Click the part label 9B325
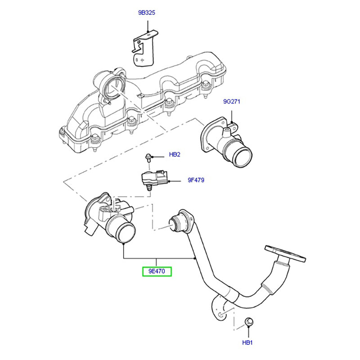click(147, 13)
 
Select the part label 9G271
click(232, 102)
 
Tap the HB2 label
click(175, 155)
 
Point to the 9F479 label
click(196, 180)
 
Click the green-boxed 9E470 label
click(157, 272)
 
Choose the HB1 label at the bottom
click(247, 342)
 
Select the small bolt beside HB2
click(148, 157)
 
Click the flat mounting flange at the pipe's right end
click(286, 253)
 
